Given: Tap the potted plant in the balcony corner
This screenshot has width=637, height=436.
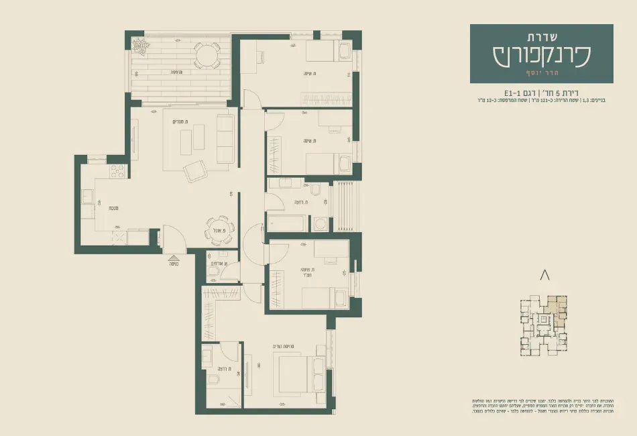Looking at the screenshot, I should (140, 46).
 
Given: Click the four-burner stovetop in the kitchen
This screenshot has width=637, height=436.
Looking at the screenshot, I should (118, 172).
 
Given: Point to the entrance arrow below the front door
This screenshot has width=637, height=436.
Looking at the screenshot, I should (173, 258).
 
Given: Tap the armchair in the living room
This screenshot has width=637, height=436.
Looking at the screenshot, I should (196, 172).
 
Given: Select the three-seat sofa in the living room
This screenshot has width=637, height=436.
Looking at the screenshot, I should (225, 138).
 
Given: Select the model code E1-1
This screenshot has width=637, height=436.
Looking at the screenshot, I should (514, 93).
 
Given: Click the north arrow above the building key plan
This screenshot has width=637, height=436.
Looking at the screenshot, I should (544, 274).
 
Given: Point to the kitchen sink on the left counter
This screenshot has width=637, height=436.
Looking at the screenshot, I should (87, 197).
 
